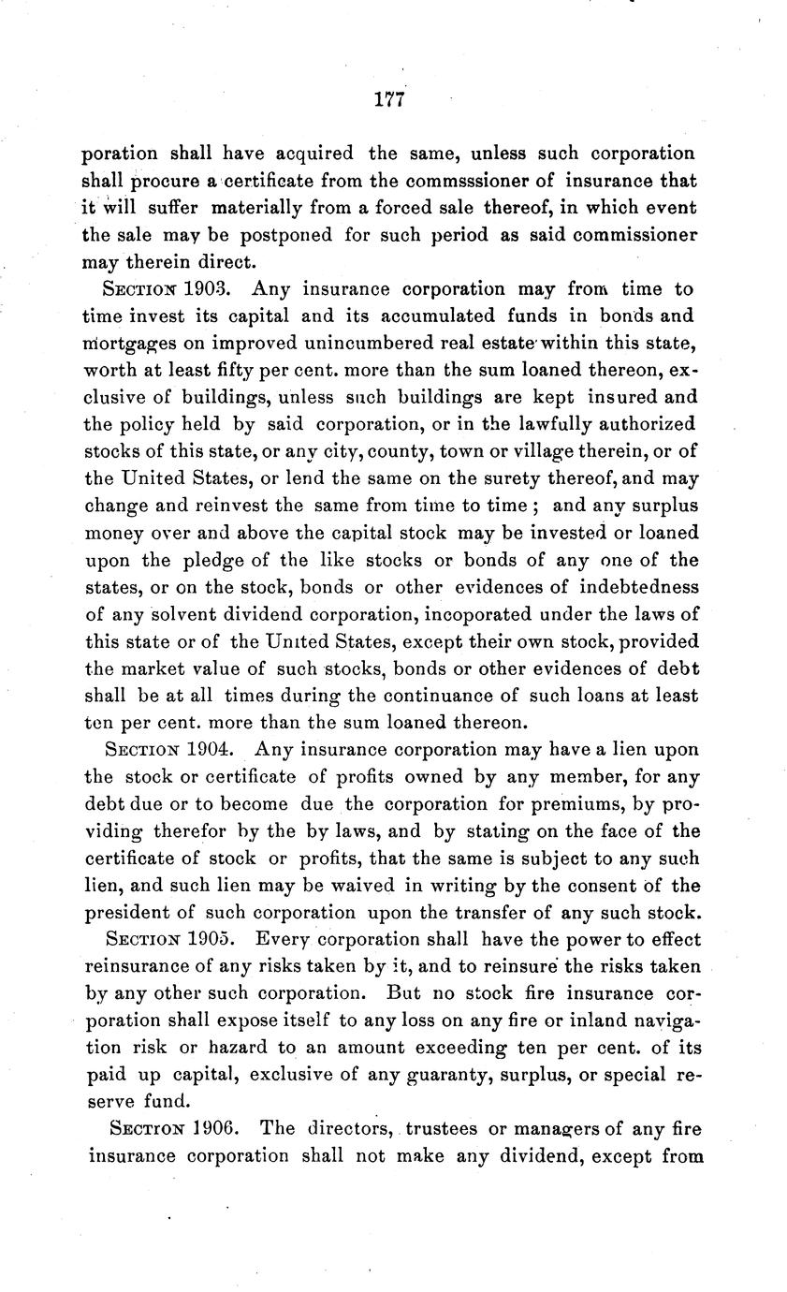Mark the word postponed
pos(286,235)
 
